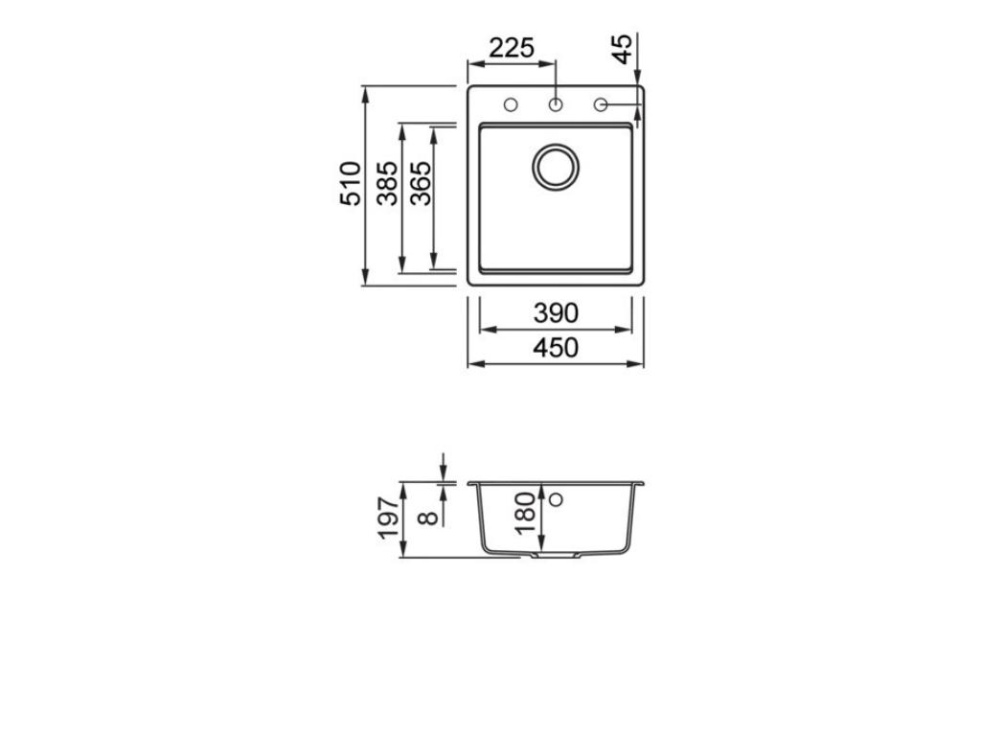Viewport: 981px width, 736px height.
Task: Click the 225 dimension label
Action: [x=511, y=47]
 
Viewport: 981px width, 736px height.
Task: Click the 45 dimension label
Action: [x=623, y=49]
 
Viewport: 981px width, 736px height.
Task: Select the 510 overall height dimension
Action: [x=351, y=183]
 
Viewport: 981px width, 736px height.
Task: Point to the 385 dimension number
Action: [x=387, y=183]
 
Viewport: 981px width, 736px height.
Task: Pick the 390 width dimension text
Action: [x=556, y=313]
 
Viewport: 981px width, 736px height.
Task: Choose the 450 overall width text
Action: [x=556, y=348]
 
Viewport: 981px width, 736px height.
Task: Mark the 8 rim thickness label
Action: [x=428, y=517]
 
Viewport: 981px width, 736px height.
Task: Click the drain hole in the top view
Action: [x=556, y=167]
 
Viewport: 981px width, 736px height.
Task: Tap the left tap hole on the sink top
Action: [x=511, y=104]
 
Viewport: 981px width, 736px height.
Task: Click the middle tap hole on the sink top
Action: [x=556, y=104]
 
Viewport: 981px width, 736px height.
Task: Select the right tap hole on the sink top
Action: [x=601, y=104]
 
